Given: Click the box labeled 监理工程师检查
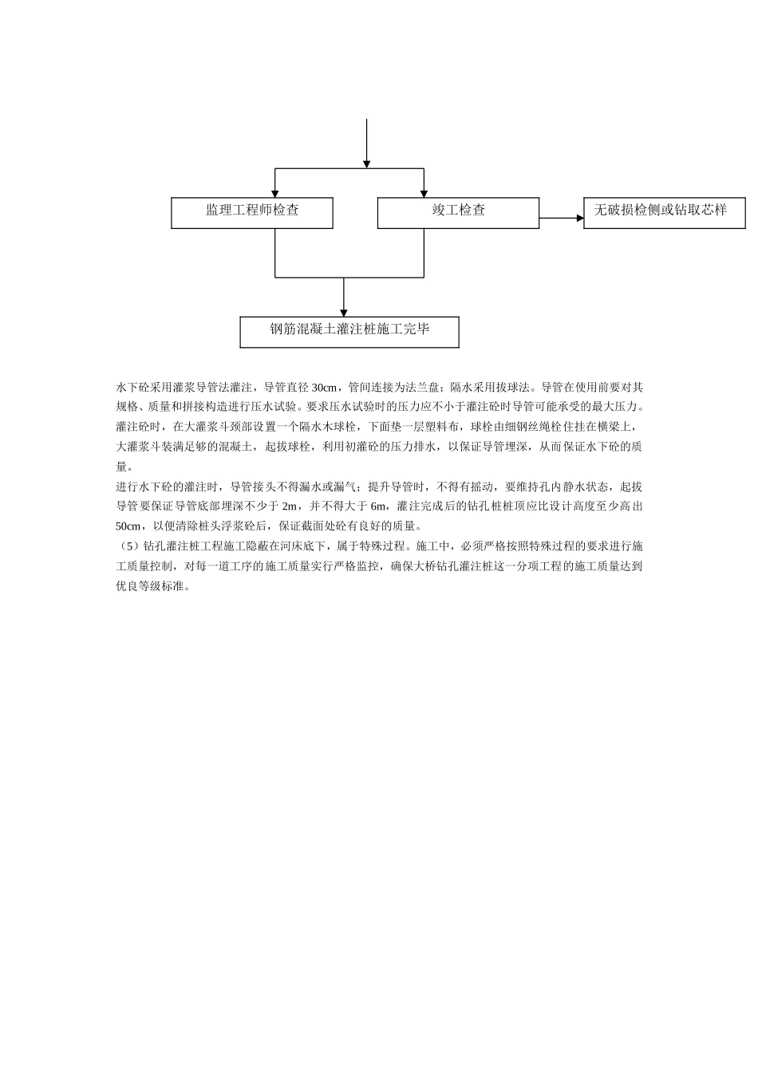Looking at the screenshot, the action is [252, 212].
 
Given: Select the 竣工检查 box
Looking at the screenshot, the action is [458, 212].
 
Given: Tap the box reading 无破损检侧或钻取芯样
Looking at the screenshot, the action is [665, 212].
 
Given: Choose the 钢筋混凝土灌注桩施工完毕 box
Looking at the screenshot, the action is [349, 331].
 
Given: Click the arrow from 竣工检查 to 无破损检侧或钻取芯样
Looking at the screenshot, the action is [562, 217].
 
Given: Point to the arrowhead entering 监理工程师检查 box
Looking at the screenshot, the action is [275, 193].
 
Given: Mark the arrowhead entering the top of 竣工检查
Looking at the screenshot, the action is [423, 193].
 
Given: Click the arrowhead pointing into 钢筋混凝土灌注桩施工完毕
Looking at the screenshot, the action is [344, 312].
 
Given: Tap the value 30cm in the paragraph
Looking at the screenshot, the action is [324, 388].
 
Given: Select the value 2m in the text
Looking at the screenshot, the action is [290, 506].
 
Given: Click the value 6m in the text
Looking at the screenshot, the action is [379, 506].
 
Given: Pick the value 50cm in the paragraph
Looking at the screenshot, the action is [128, 526].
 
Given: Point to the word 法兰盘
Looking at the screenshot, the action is [419, 388].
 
